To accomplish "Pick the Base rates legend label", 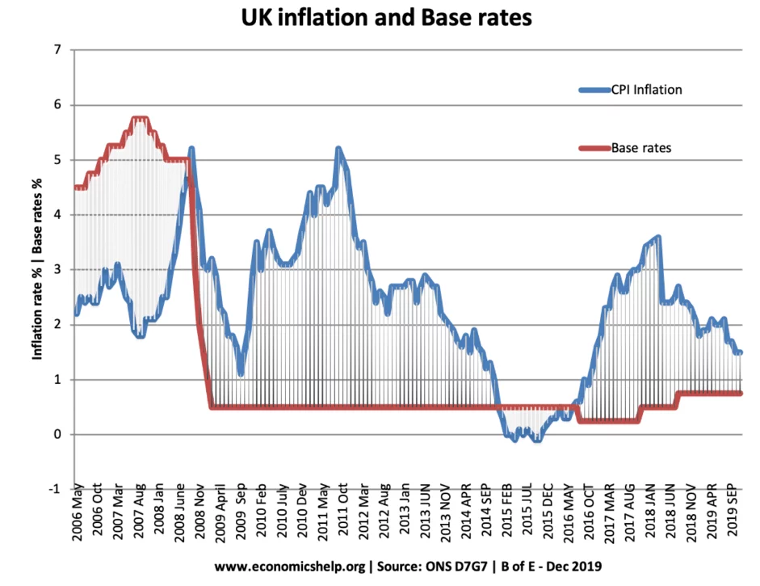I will [x=641, y=148].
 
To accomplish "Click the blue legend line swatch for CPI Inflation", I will [x=594, y=90].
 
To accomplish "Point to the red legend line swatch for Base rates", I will [x=594, y=148].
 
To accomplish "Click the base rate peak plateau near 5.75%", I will [x=140, y=119].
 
